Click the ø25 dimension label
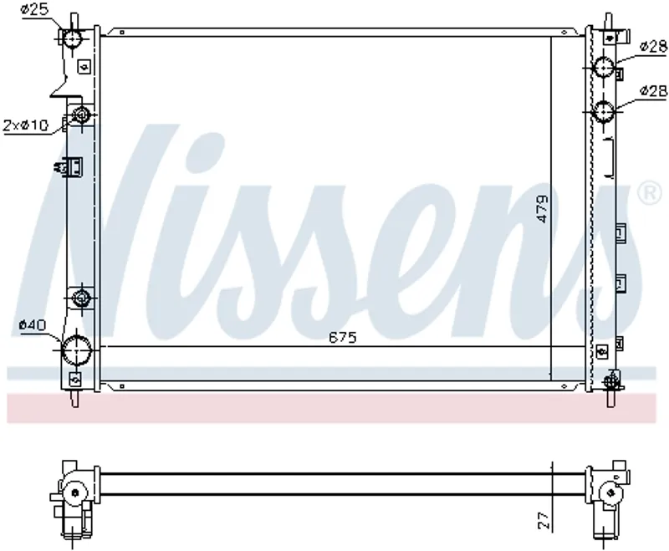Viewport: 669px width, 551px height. (35, 10)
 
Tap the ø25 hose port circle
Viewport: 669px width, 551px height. (72, 38)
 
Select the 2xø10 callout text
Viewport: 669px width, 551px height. (26, 125)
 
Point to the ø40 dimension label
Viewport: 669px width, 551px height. (33, 325)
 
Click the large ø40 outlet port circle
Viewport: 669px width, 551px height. (77, 349)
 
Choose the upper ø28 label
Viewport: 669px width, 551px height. (654, 46)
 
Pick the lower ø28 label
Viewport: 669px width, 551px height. (654, 90)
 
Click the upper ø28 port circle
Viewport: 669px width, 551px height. (604, 67)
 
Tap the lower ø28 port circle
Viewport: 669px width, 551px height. (604, 111)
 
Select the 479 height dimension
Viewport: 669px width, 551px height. (542, 208)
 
